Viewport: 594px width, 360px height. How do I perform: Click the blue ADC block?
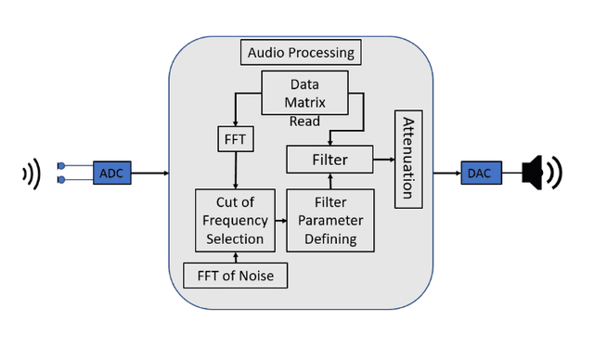point(112,172)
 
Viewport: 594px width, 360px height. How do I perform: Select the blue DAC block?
point(479,172)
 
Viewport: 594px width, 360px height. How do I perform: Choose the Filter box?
point(329,160)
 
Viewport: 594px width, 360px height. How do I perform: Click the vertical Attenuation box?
point(408,160)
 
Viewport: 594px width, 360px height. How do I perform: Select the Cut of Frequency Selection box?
point(236,220)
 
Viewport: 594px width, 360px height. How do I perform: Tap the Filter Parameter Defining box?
point(329,220)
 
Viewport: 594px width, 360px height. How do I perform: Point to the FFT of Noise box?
point(236,276)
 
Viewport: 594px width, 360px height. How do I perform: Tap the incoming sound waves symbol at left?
point(32,173)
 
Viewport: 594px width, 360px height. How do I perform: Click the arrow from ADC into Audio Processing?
point(150,173)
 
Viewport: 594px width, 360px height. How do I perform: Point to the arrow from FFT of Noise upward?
point(236,257)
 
